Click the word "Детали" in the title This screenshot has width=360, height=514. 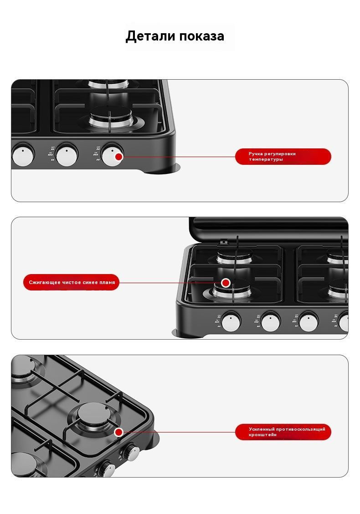pyautogui.click(x=150, y=36)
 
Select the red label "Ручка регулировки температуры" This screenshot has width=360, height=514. pyautogui.click(x=283, y=156)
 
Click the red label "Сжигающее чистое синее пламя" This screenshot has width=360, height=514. pyautogui.click(x=71, y=282)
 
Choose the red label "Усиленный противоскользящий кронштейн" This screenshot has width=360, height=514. pyautogui.click(x=283, y=432)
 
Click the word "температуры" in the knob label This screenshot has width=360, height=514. pyautogui.click(x=266, y=160)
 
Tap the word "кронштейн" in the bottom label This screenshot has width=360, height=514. pyautogui.click(x=262, y=435)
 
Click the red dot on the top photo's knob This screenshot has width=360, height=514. pyautogui.click(x=119, y=157)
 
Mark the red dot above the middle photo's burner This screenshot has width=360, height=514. pyautogui.click(x=226, y=283)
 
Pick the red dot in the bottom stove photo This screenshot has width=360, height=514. pyautogui.click(x=119, y=432)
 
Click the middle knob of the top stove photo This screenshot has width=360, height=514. pyautogui.click(x=67, y=154)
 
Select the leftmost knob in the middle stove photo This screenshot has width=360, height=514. pyautogui.click(x=231, y=322)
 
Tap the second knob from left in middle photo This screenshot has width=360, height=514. pyautogui.click(x=270, y=322)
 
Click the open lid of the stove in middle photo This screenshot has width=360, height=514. pyautogui.click(x=268, y=229)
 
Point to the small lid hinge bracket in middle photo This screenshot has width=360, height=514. pyautogui.click(x=223, y=242)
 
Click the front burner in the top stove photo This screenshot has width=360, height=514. pyautogui.click(x=111, y=120)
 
